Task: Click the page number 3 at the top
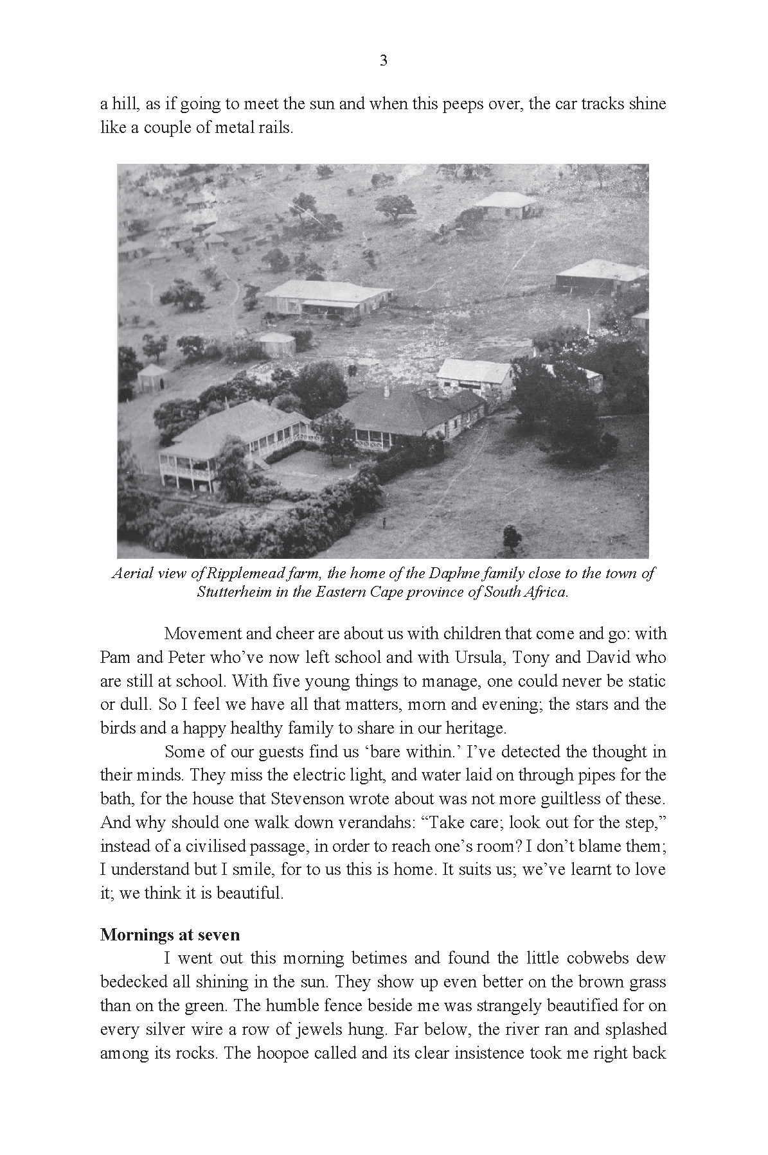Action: point(384,61)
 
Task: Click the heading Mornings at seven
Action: point(170,934)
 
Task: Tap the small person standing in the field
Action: point(384,522)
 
